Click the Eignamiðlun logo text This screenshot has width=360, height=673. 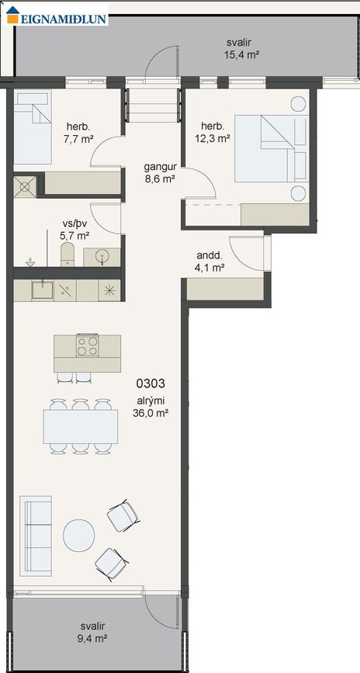click(64, 19)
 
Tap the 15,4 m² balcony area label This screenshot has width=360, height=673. click(241, 48)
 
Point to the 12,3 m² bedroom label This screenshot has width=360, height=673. click(213, 132)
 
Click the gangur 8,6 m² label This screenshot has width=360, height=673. click(160, 172)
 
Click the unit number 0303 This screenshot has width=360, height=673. click(151, 383)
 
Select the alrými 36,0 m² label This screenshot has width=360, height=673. click(150, 407)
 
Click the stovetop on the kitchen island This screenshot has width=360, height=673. click(87, 345)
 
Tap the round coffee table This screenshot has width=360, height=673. click(79, 536)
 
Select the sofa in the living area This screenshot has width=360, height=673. click(36, 536)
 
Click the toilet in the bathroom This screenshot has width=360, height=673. click(67, 255)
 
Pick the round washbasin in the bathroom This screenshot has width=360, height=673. click(102, 257)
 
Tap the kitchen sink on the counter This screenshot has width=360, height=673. click(42, 290)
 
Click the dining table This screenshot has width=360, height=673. click(80, 427)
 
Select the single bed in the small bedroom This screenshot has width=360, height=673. click(32, 127)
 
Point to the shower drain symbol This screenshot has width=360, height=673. click(25, 187)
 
